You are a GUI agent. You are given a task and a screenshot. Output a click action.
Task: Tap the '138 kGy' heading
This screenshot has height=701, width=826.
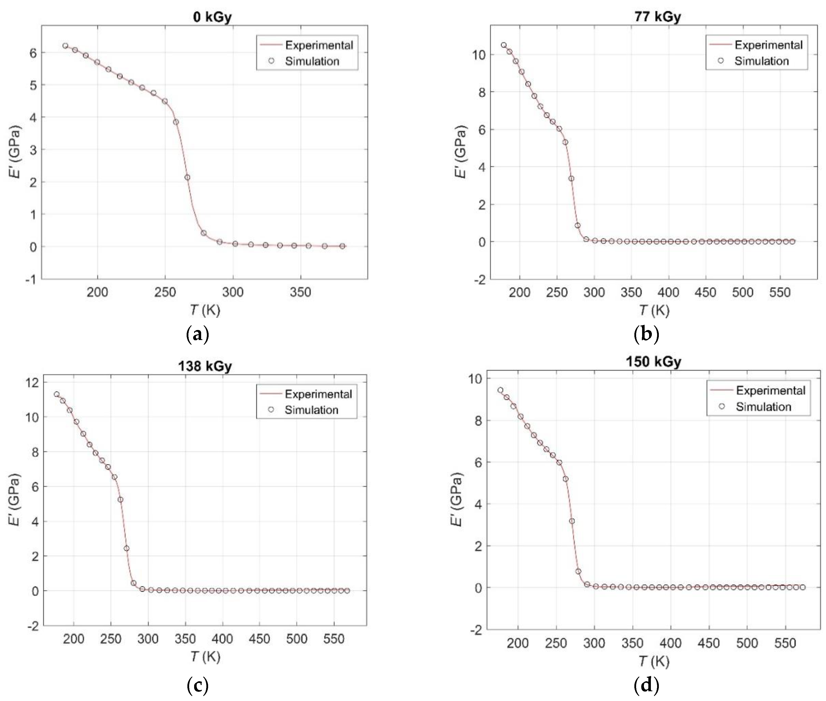coord(205,365)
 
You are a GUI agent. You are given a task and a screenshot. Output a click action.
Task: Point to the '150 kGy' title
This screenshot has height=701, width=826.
coord(653,362)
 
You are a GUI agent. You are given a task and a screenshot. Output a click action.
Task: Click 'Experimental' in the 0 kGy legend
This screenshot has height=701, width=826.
coord(319,45)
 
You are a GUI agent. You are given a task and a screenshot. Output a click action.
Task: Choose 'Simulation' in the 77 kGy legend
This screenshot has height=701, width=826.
coord(761,61)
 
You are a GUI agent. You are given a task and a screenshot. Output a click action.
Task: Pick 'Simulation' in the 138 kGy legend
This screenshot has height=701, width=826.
coord(311,410)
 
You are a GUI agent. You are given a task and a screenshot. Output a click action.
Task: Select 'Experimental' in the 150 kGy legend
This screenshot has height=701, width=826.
coord(770,391)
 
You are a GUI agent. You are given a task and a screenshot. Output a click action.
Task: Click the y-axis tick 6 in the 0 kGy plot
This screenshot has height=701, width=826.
coord(34,53)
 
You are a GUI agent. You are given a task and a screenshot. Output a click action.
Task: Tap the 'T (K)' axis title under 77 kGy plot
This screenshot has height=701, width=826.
coord(654,310)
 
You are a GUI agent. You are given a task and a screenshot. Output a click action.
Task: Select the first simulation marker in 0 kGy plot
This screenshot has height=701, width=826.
coord(65,46)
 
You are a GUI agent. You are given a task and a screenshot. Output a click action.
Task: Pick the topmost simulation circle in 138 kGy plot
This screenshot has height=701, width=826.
coord(57,394)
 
